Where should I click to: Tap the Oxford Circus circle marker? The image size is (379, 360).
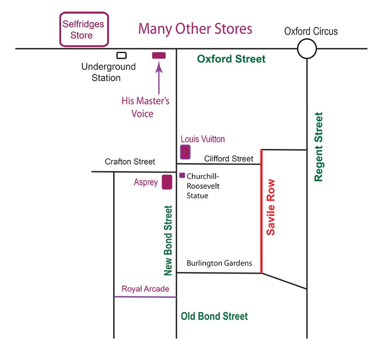[307, 48]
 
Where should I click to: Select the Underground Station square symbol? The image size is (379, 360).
[122, 55]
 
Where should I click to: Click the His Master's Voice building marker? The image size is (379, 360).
[159, 55]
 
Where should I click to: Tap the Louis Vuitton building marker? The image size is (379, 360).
[185, 152]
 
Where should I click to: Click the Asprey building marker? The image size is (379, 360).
[167, 182]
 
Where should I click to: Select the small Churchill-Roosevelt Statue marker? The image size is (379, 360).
[182, 175]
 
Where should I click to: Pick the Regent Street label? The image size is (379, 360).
[319, 147]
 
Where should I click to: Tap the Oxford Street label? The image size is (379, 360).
[231, 59]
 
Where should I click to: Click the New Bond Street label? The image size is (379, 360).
[168, 240]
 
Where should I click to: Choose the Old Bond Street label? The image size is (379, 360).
[214, 316]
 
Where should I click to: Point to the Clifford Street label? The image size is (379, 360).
[229, 158]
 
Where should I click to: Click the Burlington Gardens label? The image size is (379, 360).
[219, 263]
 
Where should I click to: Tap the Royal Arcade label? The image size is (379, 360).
[145, 289]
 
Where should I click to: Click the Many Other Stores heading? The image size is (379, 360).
[195, 28]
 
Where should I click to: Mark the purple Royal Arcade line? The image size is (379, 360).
[145, 297]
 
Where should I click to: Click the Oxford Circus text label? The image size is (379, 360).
[311, 31]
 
